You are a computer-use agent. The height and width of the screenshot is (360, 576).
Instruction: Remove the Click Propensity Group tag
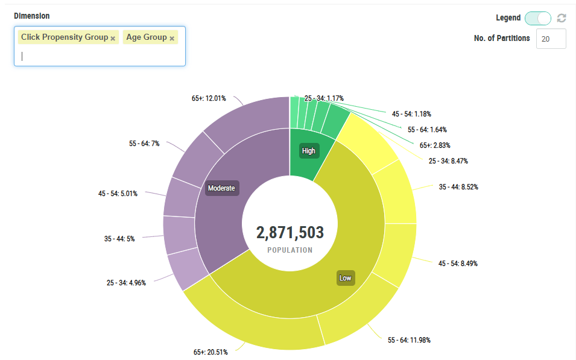pos(113,38)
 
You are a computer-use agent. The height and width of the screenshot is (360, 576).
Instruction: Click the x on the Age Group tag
pos(172,38)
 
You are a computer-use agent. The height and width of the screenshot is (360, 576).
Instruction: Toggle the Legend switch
pos(538,18)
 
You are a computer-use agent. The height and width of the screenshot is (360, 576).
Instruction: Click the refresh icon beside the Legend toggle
pos(562,18)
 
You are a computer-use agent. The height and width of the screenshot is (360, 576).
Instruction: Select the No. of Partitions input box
pos(551,39)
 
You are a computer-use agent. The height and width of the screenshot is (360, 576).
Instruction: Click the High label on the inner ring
pos(308,151)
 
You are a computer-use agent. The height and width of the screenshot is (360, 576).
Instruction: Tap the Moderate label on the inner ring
pos(221,188)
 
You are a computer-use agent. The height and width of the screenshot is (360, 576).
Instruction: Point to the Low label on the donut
pos(345,278)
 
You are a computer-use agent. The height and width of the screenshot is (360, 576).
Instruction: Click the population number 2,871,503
pos(290,233)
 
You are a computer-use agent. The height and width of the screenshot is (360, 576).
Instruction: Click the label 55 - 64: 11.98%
pos(409,340)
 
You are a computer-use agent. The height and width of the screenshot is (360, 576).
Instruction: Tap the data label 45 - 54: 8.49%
pos(459,264)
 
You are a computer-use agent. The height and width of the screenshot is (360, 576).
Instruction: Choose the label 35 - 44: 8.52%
pos(458,187)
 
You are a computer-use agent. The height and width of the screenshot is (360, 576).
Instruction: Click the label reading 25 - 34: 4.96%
pos(126,282)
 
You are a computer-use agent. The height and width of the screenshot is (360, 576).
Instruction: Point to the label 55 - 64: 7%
pos(144,144)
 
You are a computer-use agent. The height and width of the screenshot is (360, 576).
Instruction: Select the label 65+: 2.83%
pos(435,145)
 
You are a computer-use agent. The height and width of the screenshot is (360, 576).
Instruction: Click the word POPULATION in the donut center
pos(290,250)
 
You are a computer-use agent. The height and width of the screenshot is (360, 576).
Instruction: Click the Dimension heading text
pos(32,16)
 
